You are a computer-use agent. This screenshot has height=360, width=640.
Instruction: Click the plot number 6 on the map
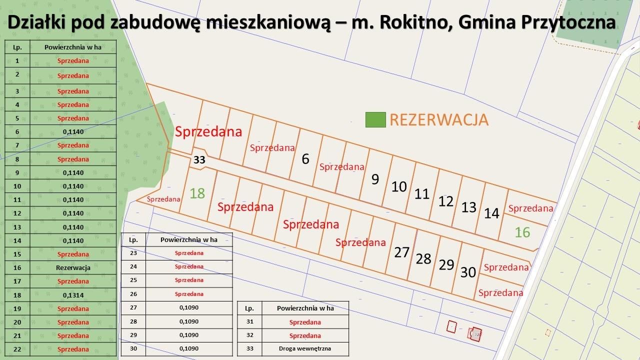[305, 159]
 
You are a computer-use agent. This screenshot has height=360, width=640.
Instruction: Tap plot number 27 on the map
[401, 252]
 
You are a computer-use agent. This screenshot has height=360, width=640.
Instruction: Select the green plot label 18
[197, 193]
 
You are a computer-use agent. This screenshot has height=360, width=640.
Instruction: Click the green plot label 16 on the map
[522, 232]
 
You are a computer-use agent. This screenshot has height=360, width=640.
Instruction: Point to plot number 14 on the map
[491, 213]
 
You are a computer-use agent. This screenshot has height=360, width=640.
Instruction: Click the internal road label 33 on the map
[199, 160]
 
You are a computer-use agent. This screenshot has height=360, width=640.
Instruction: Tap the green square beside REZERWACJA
[375, 120]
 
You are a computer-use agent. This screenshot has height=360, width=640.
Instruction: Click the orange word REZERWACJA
[438, 120]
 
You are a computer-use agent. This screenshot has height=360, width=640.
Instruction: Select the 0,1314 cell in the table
[73, 295]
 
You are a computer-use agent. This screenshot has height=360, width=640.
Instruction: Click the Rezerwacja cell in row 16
[73, 267]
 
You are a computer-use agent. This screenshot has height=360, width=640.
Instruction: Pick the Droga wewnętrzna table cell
[305, 349]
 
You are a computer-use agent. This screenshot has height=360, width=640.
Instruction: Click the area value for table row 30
[189, 349]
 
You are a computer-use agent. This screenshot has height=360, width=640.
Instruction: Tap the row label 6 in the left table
[17, 131]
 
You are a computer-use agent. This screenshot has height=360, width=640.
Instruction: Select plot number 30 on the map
[468, 272]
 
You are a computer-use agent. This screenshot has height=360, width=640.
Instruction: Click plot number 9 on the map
[375, 179]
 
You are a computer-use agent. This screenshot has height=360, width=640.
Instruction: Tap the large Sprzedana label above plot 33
[208, 131]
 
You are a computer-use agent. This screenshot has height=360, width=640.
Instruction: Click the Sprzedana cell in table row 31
[305, 322]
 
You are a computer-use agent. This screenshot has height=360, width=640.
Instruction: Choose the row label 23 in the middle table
[133, 253]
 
